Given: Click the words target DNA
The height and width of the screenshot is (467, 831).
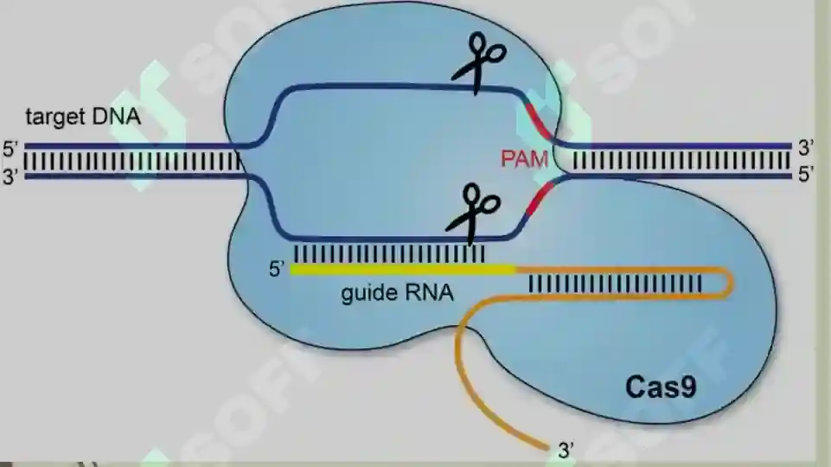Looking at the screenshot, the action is pyautogui.click(x=83, y=117).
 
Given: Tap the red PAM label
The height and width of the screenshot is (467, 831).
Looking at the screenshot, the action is pyautogui.click(x=524, y=159).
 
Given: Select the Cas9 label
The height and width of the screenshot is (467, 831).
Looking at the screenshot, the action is pyautogui.click(x=661, y=387).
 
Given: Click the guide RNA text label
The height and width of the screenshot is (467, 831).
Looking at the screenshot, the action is pyautogui.click(x=398, y=292).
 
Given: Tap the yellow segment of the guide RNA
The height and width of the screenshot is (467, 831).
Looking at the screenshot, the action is pyautogui.click(x=403, y=270).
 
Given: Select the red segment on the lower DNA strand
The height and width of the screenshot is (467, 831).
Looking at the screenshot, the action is pyautogui.click(x=540, y=198).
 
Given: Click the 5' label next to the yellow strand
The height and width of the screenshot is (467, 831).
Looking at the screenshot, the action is pyautogui.click(x=277, y=269).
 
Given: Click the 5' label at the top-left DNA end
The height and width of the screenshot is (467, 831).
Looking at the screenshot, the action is pyautogui.click(x=10, y=149).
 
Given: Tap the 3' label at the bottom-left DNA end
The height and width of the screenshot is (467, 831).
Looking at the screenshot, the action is pyautogui.click(x=10, y=176).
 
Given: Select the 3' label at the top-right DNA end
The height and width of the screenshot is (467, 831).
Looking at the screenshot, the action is pyautogui.click(x=806, y=148).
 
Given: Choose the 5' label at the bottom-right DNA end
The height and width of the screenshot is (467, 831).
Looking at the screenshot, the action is pyautogui.click(x=806, y=175).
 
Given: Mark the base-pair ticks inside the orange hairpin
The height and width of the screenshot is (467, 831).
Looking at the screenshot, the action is pyautogui.click(x=616, y=284).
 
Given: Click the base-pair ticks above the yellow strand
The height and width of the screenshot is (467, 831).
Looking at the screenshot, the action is pyautogui.click(x=389, y=253).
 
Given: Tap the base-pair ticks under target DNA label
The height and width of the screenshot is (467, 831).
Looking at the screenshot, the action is pyautogui.click(x=132, y=161).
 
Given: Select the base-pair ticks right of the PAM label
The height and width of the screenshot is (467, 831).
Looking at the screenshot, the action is pyautogui.click(x=682, y=161).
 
